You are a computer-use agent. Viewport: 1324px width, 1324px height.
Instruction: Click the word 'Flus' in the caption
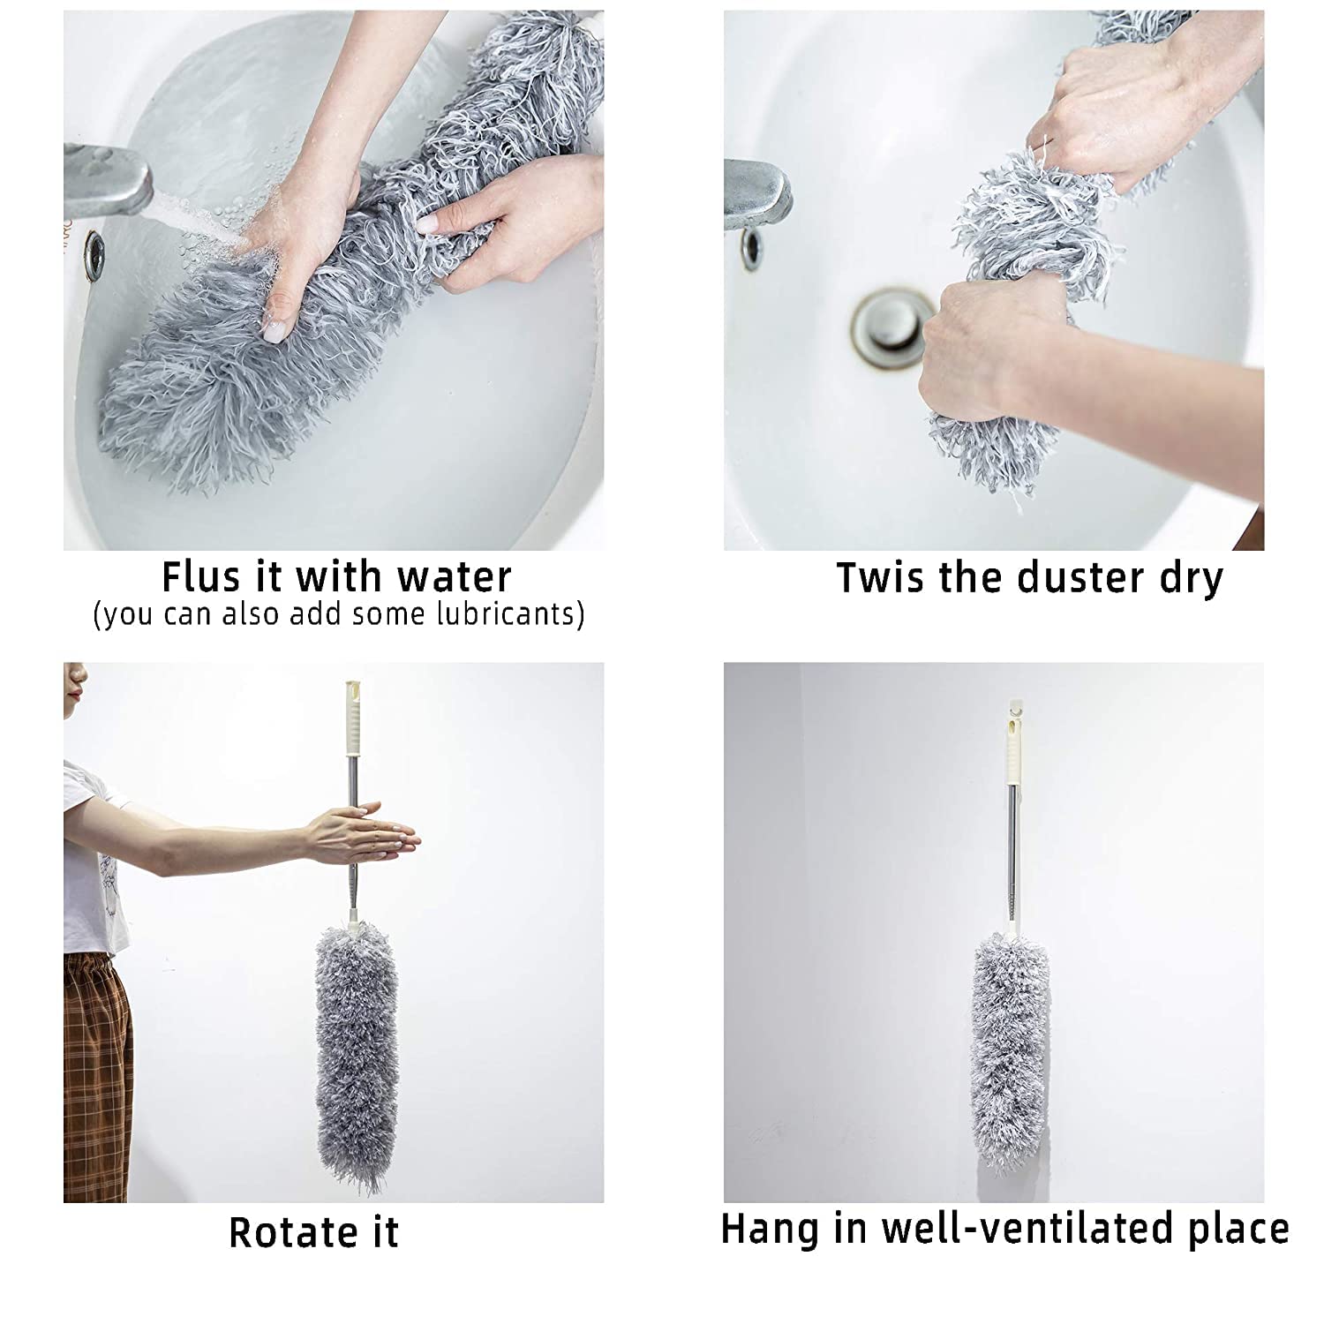click(199, 577)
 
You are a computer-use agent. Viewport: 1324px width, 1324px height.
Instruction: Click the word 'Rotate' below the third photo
click(282, 1232)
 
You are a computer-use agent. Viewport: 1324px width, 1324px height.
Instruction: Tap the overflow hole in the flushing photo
click(94, 254)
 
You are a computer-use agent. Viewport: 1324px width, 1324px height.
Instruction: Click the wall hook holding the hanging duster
click(1012, 707)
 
